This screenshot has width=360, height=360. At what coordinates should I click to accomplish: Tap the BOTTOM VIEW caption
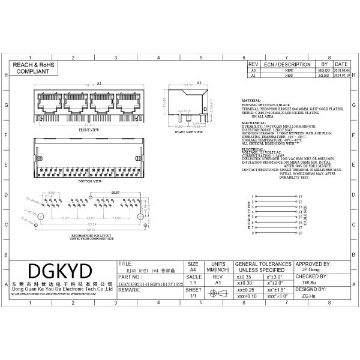tap(89, 179)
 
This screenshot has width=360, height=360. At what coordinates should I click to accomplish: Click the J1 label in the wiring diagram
tap(301, 196)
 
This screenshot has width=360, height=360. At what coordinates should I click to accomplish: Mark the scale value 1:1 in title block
tap(193, 281)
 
